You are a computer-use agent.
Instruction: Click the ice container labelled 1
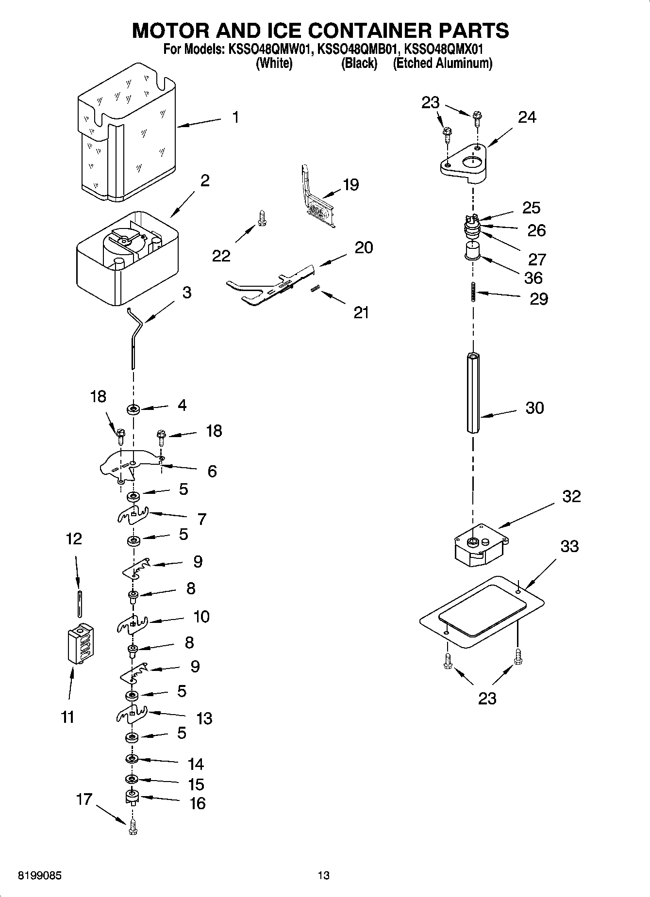129,136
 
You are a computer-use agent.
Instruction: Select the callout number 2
205,181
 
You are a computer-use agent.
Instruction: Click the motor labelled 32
480,546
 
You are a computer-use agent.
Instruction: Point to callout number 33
569,546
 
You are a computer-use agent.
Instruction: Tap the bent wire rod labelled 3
134,335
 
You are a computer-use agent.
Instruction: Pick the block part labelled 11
81,643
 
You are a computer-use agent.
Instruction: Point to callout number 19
350,184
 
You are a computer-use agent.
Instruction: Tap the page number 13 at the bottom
324,875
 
